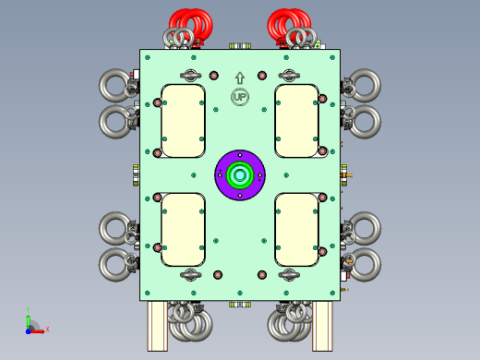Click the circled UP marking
pyautogui.click(x=240, y=97)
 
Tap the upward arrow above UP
pyautogui.click(x=240, y=78)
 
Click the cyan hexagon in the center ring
pyautogui.click(x=240, y=175)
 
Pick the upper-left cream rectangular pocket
pyautogui.click(x=183, y=121)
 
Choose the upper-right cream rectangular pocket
pyautogui.click(x=296, y=121)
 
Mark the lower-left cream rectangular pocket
pyautogui.click(x=183, y=230)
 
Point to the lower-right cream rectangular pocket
pyautogui.click(x=296, y=230)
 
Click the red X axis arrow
pyautogui.click(x=38, y=331)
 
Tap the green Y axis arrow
pyautogui.click(x=28, y=321)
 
